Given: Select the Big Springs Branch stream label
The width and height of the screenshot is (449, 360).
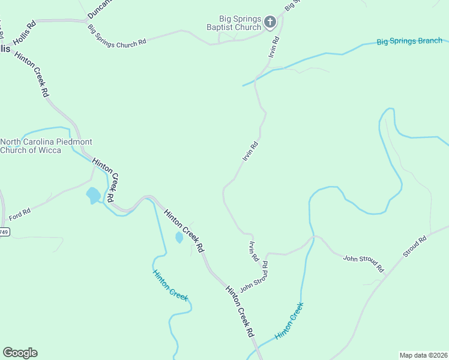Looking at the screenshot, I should pos(409,41).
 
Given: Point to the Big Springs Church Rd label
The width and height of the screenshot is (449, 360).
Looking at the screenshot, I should pos(117,36).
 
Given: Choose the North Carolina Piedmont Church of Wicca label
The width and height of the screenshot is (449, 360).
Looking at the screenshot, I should pos(46,146).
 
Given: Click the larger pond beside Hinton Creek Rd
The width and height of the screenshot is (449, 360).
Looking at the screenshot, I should pos(92,195).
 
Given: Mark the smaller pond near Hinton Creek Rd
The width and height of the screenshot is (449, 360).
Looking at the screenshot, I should pos(179,238).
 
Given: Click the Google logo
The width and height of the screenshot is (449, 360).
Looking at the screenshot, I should pos(20,353).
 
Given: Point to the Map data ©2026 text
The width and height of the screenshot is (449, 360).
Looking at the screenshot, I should pos(424,355).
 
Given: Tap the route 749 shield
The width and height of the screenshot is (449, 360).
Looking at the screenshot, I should pos(4,232).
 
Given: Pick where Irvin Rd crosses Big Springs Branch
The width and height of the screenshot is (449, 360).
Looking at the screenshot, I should pos(257,78).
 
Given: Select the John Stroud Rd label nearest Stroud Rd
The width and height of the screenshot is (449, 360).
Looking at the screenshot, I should pos(363,263).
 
